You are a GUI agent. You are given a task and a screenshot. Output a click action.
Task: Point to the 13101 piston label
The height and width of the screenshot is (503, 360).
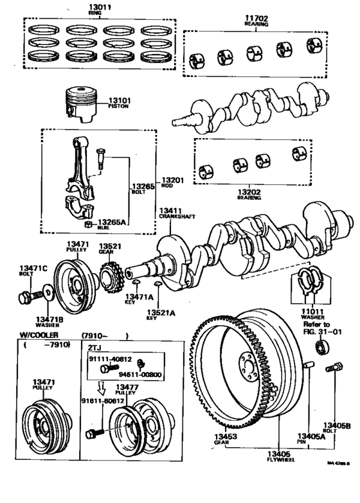[119, 100]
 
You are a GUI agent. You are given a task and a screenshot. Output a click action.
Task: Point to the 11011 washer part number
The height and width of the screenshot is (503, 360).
[312, 310]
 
